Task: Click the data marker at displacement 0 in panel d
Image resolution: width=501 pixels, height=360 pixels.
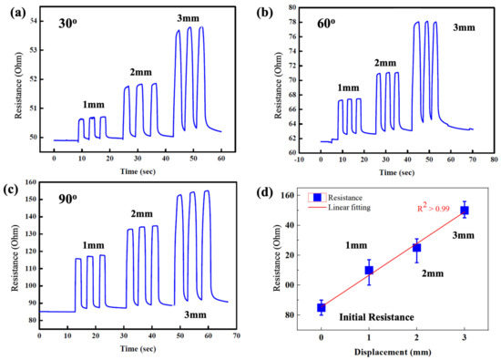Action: click(x=322, y=308)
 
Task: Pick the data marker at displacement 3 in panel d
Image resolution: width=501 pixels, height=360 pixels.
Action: click(x=465, y=211)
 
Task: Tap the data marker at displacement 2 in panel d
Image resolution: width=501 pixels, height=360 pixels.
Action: click(x=417, y=248)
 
